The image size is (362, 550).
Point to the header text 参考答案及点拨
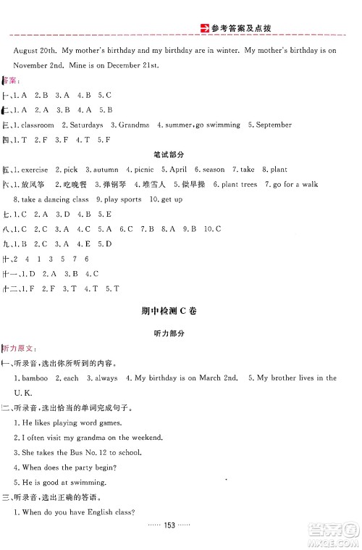248,29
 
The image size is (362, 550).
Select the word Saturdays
88,125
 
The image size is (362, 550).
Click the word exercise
35,169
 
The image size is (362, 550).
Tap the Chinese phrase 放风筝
34,184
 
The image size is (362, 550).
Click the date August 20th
35,50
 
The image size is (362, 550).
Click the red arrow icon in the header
204,29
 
